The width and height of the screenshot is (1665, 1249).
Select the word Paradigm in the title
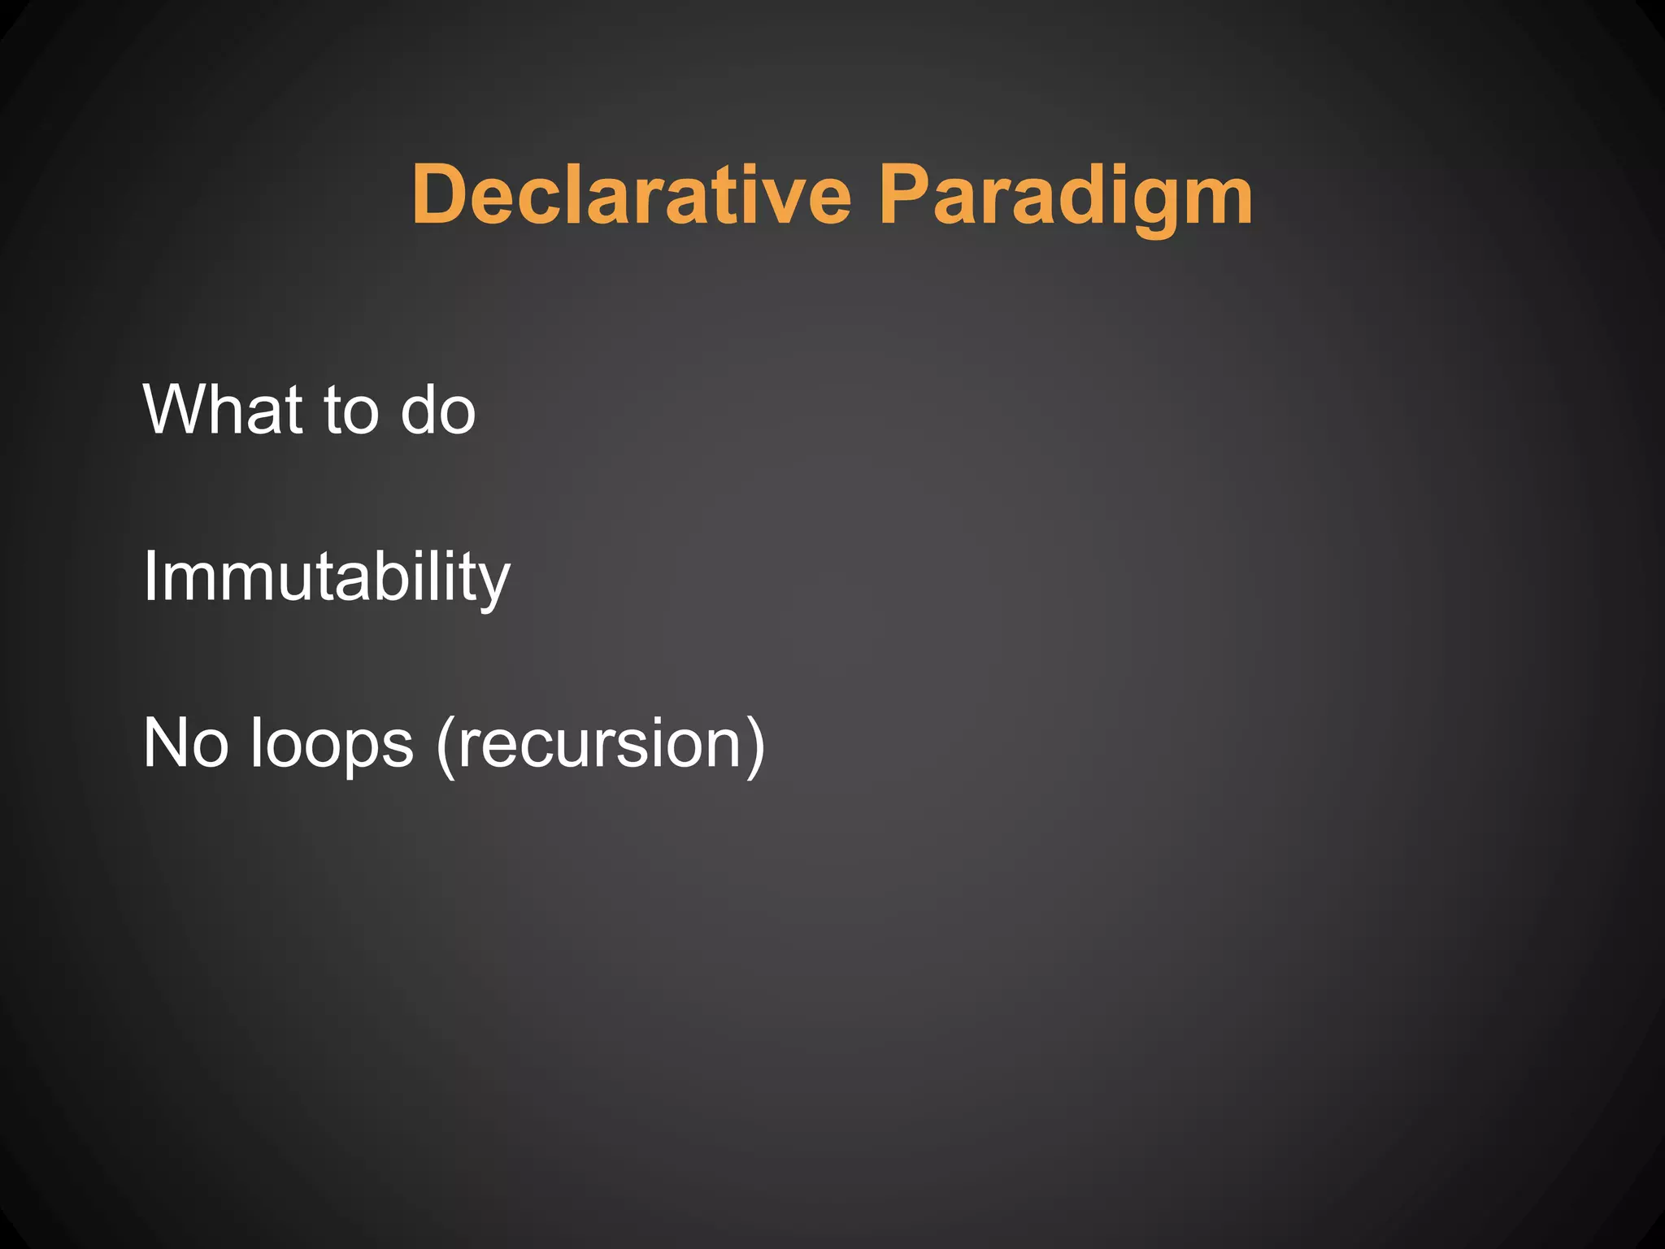pyautogui.click(x=1066, y=195)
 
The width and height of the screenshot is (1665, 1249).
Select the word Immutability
pyautogui.click(x=326, y=577)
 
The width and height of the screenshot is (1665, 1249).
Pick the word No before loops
pyautogui.click(x=185, y=743)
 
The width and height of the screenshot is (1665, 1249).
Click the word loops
pyautogui.click(x=332, y=745)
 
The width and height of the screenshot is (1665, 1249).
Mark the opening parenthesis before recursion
pyautogui.click(x=446, y=745)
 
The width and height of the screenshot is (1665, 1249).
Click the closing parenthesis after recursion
pyautogui.click(x=754, y=745)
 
